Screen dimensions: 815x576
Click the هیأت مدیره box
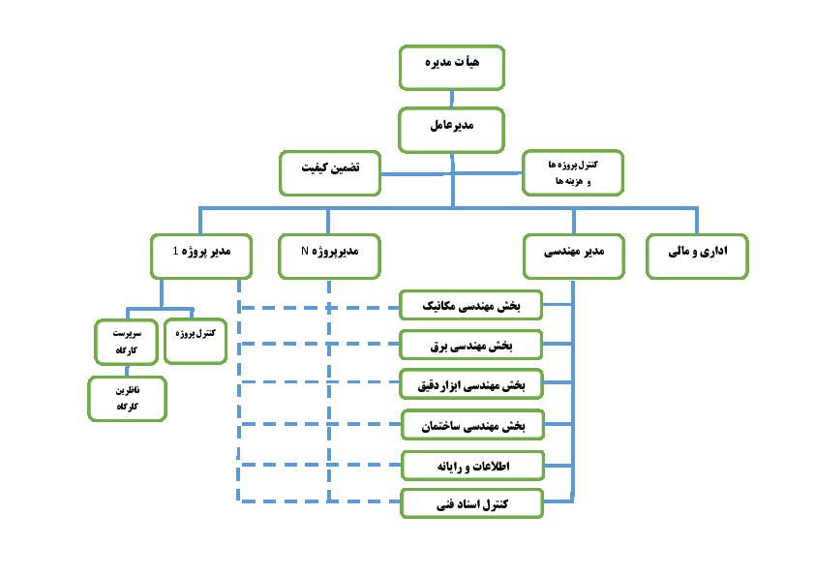point(452,68)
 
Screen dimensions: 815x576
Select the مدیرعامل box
point(451,130)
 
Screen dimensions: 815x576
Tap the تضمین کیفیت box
point(330,173)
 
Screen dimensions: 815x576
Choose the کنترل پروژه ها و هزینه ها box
point(573,172)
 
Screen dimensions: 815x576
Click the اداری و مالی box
point(697,257)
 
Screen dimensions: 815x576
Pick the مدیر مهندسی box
point(574,257)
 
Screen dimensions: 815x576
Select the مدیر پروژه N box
point(329,257)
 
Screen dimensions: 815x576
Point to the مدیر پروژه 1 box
point(201,257)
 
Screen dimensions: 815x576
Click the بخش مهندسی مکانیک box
point(471,305)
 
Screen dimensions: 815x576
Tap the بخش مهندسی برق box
point(471,345)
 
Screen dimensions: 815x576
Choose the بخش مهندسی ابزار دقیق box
point(471,384)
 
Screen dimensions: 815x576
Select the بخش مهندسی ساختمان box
point(472,425)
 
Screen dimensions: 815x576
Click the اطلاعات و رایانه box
point(472,466)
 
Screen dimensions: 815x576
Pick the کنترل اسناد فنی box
point(471,503)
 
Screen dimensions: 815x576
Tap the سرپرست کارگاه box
point(126,342)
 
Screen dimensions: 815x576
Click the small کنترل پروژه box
point(196,341)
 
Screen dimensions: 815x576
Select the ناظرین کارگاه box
point(128,399)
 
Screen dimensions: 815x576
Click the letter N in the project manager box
point(305,251)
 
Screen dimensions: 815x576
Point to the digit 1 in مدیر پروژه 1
point(175,251)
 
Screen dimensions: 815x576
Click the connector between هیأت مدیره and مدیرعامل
point(452,99)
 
